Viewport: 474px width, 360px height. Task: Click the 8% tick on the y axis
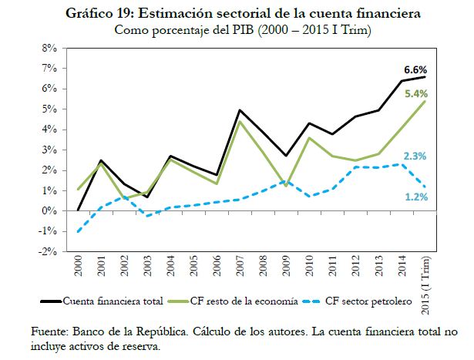tap(50, 48)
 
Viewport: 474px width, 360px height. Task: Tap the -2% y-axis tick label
tap(49, 252)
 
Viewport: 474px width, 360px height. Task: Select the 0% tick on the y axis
tap(50, 211)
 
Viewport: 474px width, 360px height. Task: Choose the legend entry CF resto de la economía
tap(249, 299)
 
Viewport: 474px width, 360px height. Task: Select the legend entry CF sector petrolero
tap(367, 299)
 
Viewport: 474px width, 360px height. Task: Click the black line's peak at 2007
tap(240, 110)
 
